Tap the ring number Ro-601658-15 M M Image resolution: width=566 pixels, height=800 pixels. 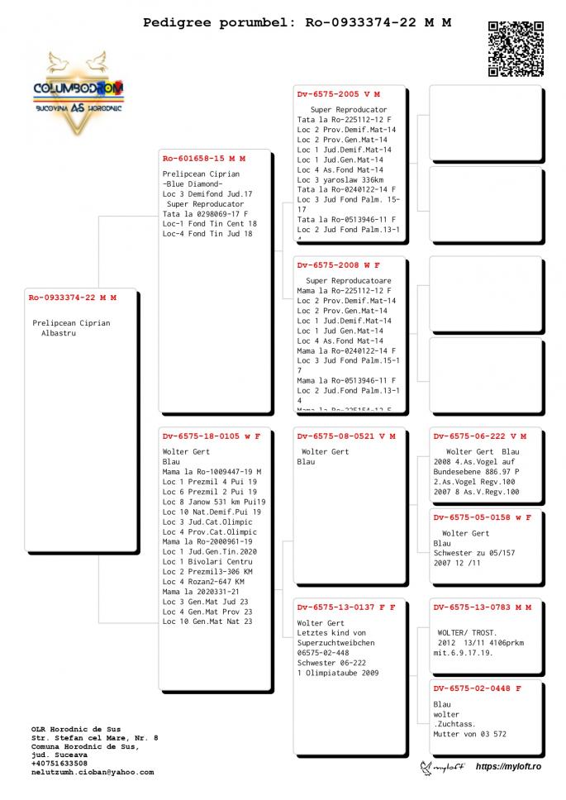pos(204,158)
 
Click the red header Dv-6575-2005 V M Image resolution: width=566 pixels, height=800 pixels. pos(340,94)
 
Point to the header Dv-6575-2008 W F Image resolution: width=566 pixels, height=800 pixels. pos(339,264)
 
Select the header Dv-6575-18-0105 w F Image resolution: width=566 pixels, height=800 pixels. pos(211,436)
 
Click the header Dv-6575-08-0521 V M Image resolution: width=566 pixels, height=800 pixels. pos(345,436)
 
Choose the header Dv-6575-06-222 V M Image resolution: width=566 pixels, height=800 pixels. pos(479,436)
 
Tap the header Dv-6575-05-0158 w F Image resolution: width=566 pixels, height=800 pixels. pos(483,517)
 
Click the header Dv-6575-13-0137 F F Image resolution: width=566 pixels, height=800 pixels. pos(345,607)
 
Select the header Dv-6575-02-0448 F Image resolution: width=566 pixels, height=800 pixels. pos(477,688)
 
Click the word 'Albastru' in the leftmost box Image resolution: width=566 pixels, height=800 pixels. pos(58,333)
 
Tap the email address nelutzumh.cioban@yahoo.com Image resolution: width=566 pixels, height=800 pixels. pos(93,772)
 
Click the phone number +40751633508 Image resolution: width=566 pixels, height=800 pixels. pos(59,763)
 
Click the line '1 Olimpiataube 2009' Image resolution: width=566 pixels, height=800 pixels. pos(338,673)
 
